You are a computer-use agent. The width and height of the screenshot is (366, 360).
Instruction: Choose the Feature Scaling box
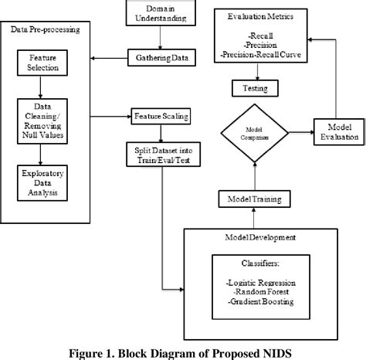[161, 116]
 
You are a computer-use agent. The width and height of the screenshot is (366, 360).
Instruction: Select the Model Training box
[248, 200]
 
